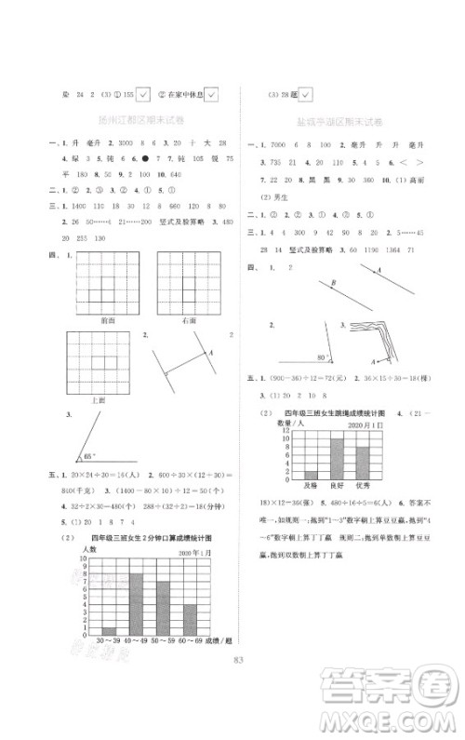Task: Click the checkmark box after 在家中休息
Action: tap(210, 93)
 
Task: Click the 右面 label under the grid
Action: tap(189, 319)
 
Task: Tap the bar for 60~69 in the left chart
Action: tap(190, 619)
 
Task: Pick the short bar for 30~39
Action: tap(110, 631)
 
